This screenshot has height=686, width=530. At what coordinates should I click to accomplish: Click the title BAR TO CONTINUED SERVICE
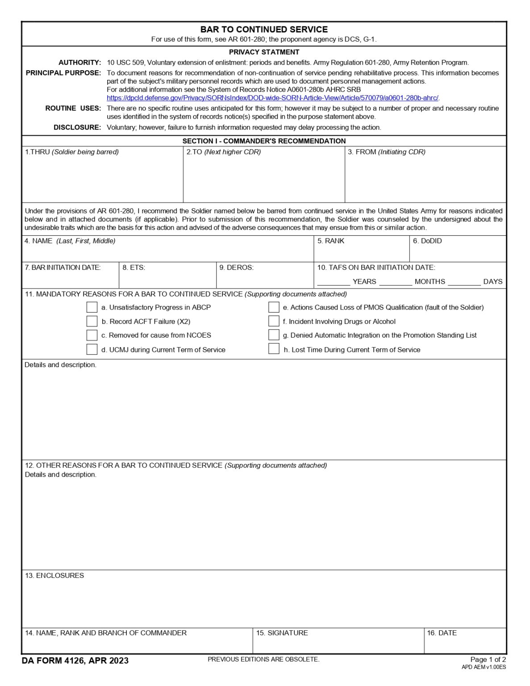coord(264,29)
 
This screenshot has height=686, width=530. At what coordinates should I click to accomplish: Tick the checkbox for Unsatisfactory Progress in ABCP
coord(92,307)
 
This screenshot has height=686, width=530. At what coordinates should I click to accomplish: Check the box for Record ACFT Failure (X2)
coord(92,322)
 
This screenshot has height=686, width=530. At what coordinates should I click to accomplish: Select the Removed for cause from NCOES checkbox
coord(92,335)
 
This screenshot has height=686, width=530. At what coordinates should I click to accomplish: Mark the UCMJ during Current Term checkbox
coord(92,349)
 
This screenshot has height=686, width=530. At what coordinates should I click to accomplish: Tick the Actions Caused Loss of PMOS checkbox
coord(274,307)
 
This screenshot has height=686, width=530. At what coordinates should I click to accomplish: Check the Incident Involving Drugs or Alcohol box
coord(274,321)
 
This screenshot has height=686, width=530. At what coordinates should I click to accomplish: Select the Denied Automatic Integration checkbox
coord(274,335)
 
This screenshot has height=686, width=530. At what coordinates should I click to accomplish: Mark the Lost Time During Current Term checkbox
coord(274,349)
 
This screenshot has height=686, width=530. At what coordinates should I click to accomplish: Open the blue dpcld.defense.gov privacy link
coord(272,98)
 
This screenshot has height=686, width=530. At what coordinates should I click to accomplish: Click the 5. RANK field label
coord(331,241)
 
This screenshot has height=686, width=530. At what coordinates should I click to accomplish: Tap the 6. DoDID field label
coord(427,241)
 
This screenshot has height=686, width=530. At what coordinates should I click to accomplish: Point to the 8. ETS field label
coord(134,268)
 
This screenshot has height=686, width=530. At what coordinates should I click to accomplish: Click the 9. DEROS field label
coord(236,268)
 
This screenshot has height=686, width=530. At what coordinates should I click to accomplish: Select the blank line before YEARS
coord(334,282)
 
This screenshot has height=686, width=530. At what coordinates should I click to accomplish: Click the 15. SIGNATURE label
coord(282,633)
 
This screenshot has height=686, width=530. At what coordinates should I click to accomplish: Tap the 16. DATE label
coord(442,633)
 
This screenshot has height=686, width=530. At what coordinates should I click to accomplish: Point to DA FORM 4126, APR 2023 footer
coord(75,661)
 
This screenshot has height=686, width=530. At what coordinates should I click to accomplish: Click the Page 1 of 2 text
coord(488,660)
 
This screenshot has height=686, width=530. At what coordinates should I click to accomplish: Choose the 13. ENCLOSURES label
coord(54,576)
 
